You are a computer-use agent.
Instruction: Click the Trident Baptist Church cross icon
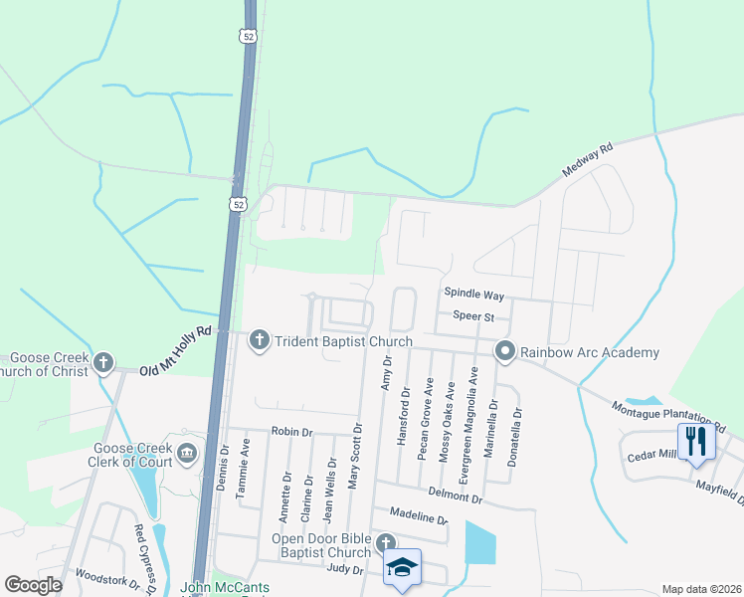coord(259,340)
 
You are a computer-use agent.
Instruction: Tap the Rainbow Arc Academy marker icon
coord(505,350)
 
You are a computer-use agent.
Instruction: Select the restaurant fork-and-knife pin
coord(695,440)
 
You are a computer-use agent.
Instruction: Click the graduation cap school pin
coord(402,567)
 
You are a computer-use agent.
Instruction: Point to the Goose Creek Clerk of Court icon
coord(187,454)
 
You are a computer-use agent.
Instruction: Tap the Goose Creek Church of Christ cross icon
coord(104,364)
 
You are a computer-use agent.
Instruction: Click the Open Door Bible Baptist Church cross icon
coord(385,542)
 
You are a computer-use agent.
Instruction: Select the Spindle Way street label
coord(474,296)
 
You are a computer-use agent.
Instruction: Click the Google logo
coord(34,585)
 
